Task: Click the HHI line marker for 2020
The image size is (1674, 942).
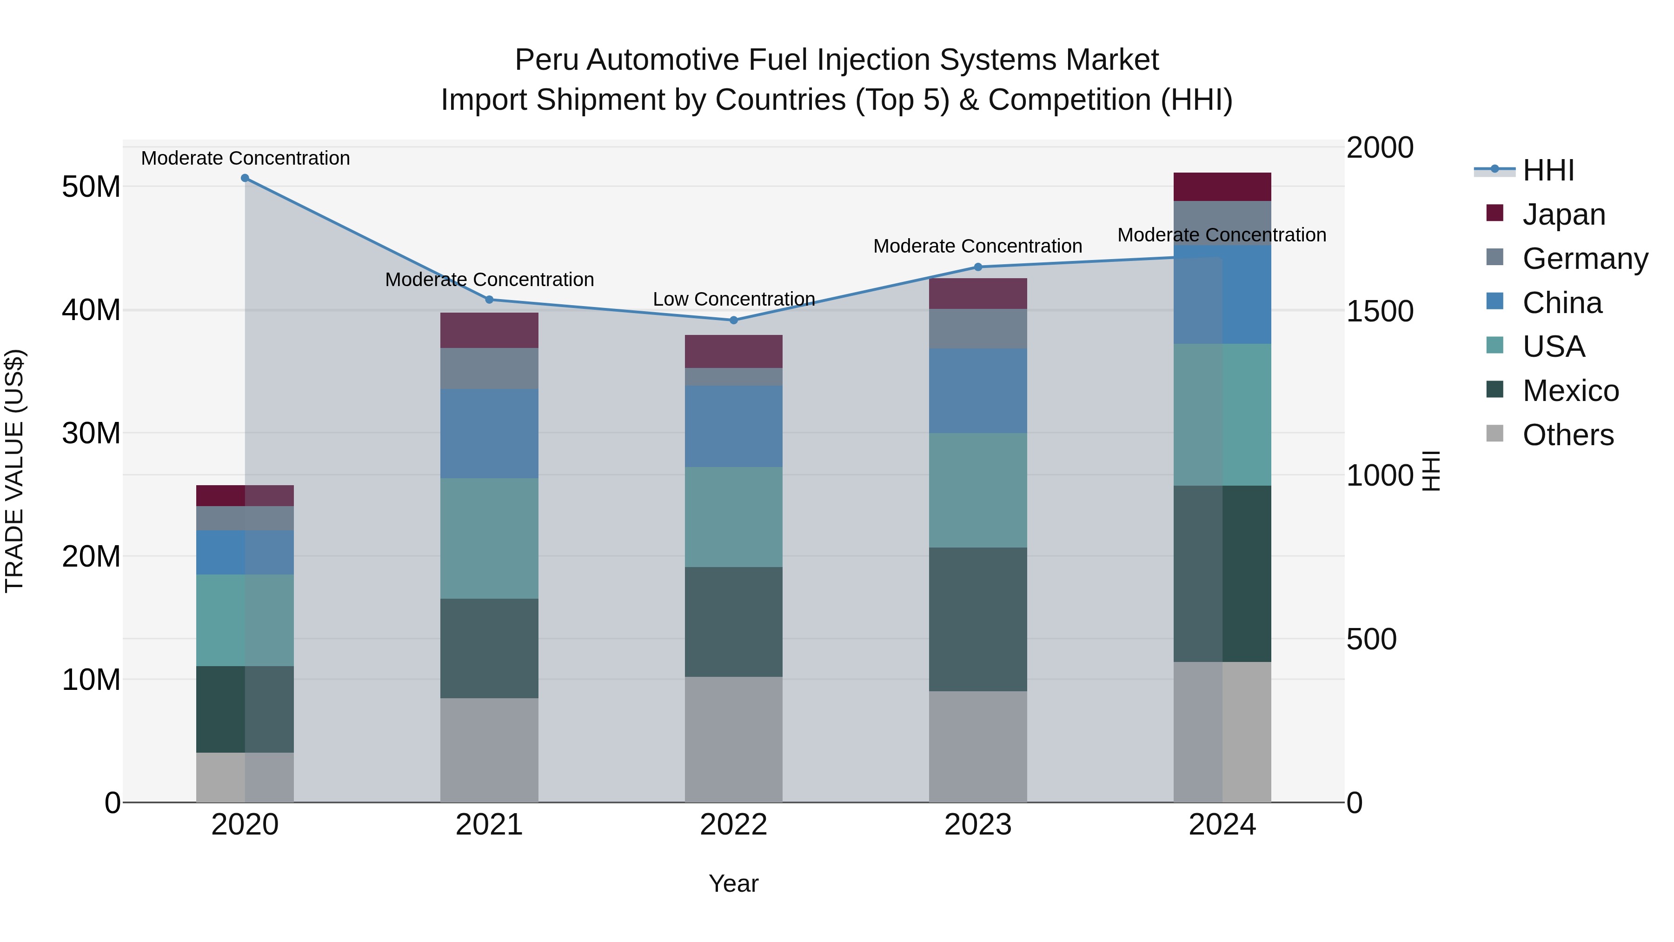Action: point(245,178)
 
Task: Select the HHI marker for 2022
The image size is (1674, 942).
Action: point(734,320)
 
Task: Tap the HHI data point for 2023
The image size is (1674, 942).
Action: point(978,267)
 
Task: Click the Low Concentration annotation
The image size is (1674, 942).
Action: point(734,299)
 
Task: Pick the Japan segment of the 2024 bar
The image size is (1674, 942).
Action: point(1222,187)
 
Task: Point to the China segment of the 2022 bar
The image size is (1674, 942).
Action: point(734,427)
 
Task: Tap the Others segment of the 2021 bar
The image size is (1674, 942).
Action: point(489,750)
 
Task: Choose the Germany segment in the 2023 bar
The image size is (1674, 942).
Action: point(978,328)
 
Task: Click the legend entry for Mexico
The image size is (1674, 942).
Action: point(1570,391)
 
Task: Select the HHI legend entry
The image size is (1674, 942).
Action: point(1548,170)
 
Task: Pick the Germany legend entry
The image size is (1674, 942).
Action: point(1584,259)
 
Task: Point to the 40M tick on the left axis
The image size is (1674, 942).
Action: point(91,310)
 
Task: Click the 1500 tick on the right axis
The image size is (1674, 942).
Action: point(1380,311)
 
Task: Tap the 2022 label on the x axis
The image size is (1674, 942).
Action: point(734,825)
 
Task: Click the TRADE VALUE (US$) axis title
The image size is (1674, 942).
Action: point(14,471)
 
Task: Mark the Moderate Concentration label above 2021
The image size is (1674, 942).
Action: point(489,280)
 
